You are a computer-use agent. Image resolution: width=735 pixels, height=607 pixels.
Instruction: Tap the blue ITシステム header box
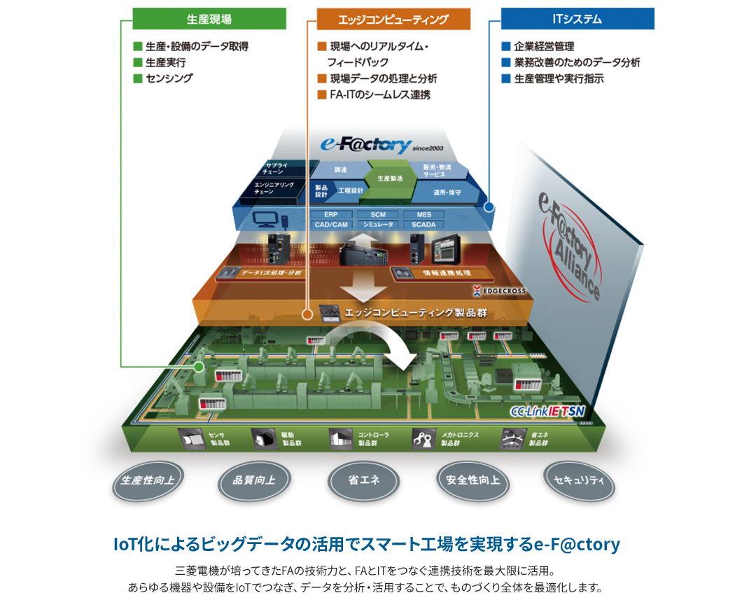click(577, 19)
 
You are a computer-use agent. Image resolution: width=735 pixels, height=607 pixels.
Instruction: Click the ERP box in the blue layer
click(332, 214)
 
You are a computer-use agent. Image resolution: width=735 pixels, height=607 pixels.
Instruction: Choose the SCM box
click(378, 214)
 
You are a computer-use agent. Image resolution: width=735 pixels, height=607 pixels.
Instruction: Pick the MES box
click(424, 214)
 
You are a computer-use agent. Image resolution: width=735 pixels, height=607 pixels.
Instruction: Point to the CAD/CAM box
click(331, 225)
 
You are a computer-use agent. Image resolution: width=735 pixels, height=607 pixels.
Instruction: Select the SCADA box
click(423, 225)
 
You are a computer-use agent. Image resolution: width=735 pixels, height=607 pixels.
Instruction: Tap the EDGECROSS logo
click(499, 289)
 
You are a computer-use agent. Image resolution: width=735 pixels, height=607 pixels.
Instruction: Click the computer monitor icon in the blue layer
click(267, 219)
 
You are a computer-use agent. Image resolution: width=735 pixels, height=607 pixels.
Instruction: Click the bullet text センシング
click(169, 78)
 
